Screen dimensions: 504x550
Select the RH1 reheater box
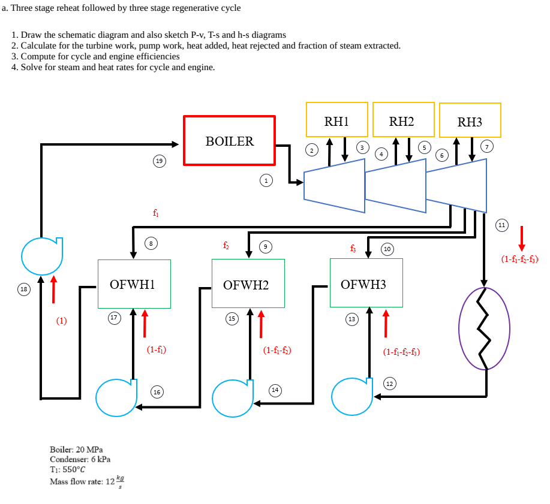pos(336,120)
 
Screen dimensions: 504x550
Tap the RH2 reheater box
pos(402,120)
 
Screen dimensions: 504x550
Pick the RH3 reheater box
pos(470,121)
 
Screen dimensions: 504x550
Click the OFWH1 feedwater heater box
pos(134,283)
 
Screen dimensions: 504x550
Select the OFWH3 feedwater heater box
pos(366,283)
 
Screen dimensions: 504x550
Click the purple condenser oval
pos(484,328)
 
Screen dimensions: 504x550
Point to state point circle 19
pos(158,161)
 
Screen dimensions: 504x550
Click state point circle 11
pos(502,225)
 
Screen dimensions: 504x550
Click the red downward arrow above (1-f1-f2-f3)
pos(522,238)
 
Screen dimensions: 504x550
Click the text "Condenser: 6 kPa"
pos(80,459)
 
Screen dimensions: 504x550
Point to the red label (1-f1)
pos(156,349)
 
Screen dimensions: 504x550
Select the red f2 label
pos(226,245)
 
